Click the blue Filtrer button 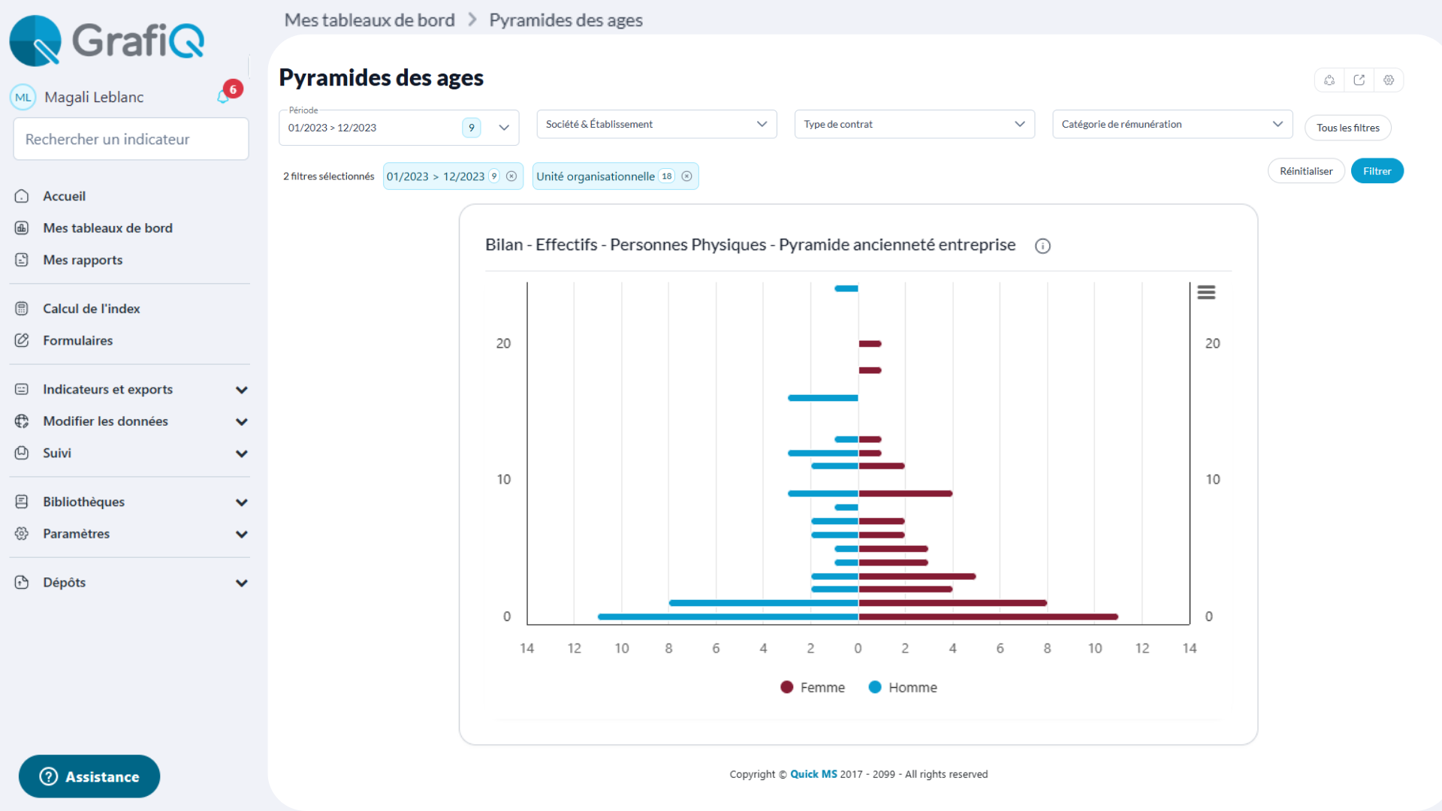[1377, 171]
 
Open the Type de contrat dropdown [914, 124]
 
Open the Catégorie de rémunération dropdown [1172, 124]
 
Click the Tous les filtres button [1347, 128]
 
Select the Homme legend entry [903, 687]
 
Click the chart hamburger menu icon [1206, 292]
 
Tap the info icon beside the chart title [1042, 246]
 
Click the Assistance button [89, 776]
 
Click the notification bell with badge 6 [224, 96]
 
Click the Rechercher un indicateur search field [131, 139]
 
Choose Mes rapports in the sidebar [83, 260]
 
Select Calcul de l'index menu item [91, 309]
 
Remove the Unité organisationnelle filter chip [686, 176]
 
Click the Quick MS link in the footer [813, 774]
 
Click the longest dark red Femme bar [988, 617]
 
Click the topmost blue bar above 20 [846, 288]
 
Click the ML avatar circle [23, 97]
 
